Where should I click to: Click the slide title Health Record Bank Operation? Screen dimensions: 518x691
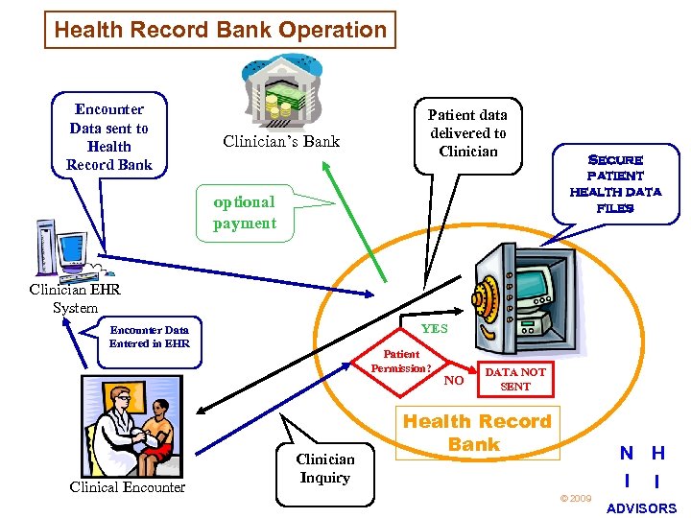[220, 30]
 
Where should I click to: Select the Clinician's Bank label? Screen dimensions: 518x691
[281, 142]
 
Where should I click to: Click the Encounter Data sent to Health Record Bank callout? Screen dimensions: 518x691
[108, 136]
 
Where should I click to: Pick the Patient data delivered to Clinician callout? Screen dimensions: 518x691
[466, 134]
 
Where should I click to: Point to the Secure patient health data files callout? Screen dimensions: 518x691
[615, 183]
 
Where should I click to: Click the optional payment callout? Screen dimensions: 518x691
[245, 213]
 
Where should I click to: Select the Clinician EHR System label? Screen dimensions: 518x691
[63, 297]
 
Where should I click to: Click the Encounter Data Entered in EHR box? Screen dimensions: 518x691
[149, 337]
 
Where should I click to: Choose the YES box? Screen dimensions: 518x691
[435, 328]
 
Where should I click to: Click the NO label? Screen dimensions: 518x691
[455, 380]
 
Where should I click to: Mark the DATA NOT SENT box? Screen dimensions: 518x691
[514, 379]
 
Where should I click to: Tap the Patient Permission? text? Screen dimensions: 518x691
[402, 361]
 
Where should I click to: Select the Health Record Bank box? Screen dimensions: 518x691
[477, 433]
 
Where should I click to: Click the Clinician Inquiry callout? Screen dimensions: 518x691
[324, 468]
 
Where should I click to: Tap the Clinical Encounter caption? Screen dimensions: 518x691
[128, 487]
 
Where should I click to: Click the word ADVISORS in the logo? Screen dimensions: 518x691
[642, 507]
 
